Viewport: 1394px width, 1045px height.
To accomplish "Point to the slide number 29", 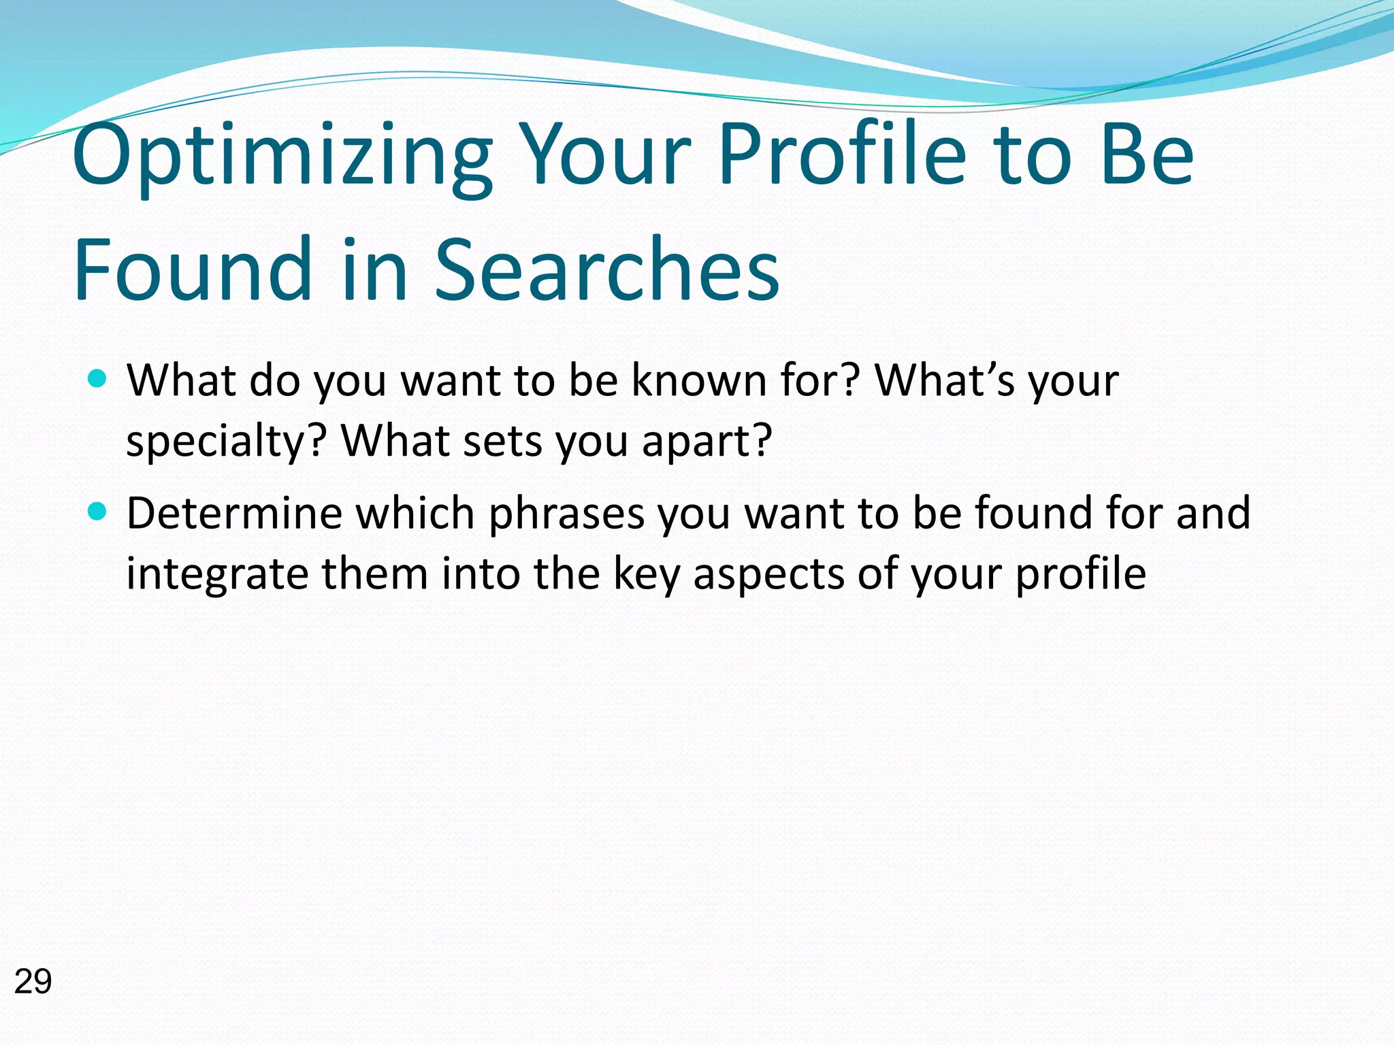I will coord(33,982).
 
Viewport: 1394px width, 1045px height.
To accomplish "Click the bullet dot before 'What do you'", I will coord(98,378).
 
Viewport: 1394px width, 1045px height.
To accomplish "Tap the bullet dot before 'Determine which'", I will coord(98,511).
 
